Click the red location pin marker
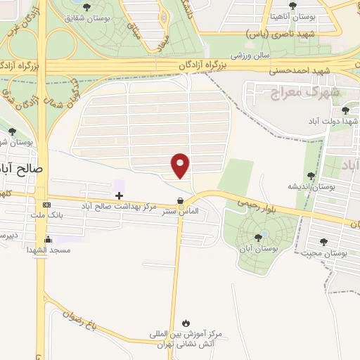[x=181, y=165]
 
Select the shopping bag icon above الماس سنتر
[x=181, y=200]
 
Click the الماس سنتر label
[x=181, y=211]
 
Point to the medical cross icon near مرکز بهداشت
[x=119, y=195]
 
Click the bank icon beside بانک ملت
[x=46, y=205]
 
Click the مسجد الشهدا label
[x=48, y=250]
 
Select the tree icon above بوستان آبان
[x=259, y=238]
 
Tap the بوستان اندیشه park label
[x=311, y=186]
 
